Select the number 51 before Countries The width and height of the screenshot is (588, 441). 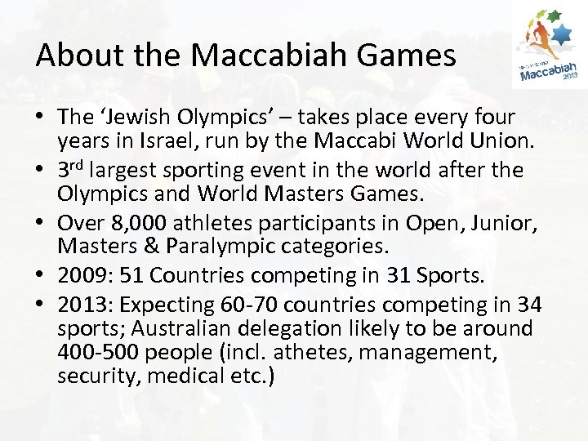[x=131, y=277]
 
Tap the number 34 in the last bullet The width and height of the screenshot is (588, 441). [x=528, y=304]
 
